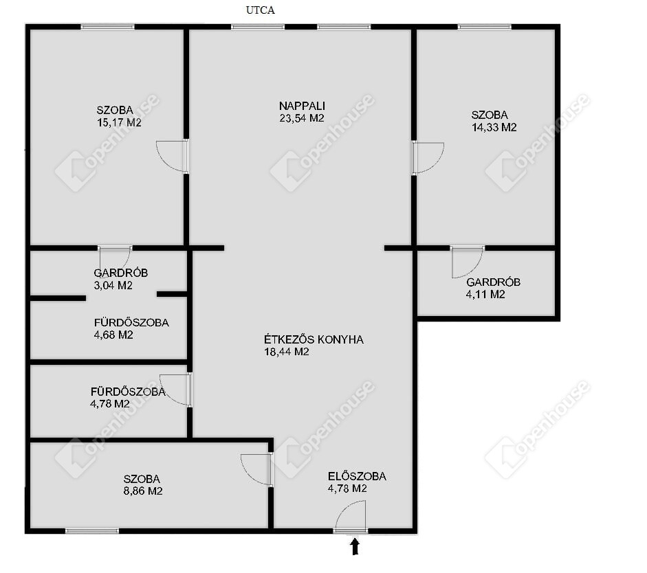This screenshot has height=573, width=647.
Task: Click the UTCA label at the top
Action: [x=261, y=10]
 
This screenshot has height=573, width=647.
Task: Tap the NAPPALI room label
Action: [x=302, y=106]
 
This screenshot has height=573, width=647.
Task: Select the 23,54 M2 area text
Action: [x=302, y=118]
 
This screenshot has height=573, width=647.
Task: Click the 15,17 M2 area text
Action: [x=119, y=123]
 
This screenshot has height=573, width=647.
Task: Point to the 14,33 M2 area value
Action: [x=494, y=128]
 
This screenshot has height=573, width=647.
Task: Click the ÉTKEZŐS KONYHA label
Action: [x=314, y=339]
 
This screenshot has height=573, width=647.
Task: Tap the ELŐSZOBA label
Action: [x=357, y=477]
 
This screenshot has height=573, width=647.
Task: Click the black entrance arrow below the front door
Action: [x=355, y=547]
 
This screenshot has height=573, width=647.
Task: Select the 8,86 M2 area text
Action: [x=143, y=491]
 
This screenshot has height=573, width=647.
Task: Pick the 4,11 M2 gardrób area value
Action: [x=485, y=295]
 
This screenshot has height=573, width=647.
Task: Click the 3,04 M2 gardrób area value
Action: [x=113, y=286]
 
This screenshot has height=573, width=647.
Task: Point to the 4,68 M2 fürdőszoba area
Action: [x=113, y=335]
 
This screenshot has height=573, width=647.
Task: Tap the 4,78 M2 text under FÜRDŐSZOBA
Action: [x=110, y=404]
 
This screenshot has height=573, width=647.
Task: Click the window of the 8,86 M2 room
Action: [x=92, y=531]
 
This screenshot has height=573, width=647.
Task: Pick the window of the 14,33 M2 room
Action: [x=485, y=27]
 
